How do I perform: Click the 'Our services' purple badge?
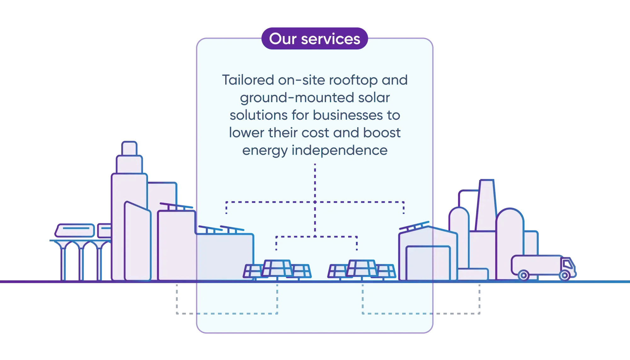314,39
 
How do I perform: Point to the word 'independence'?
339,150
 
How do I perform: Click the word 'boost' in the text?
381,133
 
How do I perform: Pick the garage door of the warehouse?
428,263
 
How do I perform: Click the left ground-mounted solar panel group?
277,269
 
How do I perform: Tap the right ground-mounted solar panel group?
361,269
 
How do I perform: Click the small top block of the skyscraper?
129,148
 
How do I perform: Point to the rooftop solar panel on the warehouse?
414,226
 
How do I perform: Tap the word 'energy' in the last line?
265,151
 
